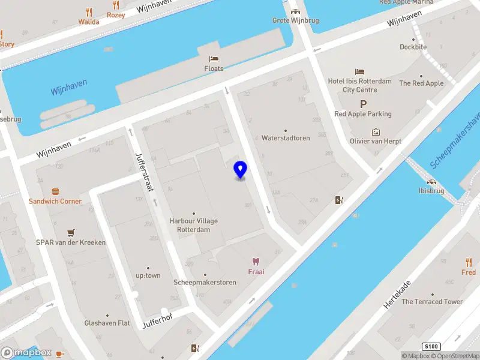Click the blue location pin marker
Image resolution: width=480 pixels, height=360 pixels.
tap(241, 170)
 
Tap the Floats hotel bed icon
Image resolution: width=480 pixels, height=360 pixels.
tap(214, 59)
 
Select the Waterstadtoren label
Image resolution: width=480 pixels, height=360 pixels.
tap(286, 138)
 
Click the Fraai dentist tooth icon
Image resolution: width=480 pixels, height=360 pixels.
tap(256, 262)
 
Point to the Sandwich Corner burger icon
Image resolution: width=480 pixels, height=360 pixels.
tap(55, 191)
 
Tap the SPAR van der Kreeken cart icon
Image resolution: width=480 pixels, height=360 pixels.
tap(71, 233)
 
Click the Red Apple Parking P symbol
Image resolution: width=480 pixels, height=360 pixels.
tap(363, 104)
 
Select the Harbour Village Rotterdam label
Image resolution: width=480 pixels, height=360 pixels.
tap(194, 225)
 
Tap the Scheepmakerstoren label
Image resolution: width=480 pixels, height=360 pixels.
tap(205, 282)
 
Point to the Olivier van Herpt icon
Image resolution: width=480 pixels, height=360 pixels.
tap(376, 131)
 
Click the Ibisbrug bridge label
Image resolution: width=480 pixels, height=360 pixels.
tap(431, 191)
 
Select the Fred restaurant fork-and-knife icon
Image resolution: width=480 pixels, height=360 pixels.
tap(469, 262)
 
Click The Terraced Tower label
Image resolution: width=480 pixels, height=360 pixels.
tap(432, 302)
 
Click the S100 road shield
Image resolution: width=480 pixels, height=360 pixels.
tap(431, 347)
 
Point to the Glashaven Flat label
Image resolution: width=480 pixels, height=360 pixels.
tap(107, 323)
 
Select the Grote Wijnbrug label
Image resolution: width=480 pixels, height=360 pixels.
tap(295, 20)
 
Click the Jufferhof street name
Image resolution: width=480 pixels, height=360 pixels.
tap(157, 322)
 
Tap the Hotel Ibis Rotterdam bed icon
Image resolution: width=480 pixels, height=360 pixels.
tap(359, 72)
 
